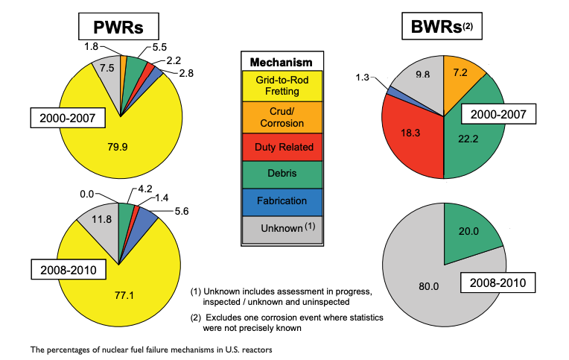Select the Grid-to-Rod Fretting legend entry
(x=282, y=85)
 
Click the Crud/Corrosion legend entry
(x=282, y=117)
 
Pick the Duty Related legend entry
(x=282, y=148)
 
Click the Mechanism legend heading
(x=282, y=62)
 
